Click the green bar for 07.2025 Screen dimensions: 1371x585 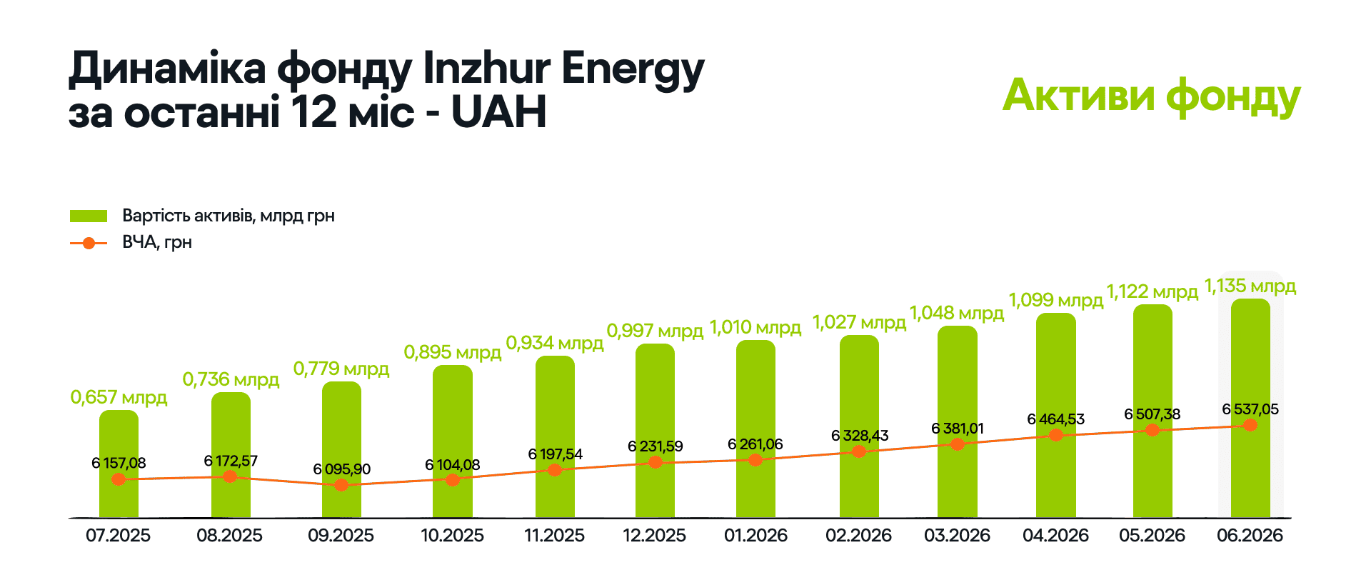pyautogui.click(x=119, y=464)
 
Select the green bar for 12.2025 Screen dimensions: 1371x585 pyautogui.click(x=655, y=431)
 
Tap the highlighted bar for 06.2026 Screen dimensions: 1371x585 pyautogui.click(x=1250, y=408)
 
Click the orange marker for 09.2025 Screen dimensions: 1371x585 pyautogui.click(x=341, y=485)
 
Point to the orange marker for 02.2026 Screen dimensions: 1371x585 pyautogui.click(x=859, y=451)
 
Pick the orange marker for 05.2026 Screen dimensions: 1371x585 pyautogui.click(x=1152, y=430)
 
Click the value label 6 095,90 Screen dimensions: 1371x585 pyautogui.click(x=342, y=469)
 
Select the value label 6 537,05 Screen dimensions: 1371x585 pyautogui.click(x=1250, y=409)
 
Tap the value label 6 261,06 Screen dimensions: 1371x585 pyautogui.click(x=755, y=444)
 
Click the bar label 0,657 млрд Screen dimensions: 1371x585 pyautogui.click(x=119, y=397)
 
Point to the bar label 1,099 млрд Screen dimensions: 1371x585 pyautogui.click(x=1056, y=300)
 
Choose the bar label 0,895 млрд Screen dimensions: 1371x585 pyautogui.click(x=453, y=352)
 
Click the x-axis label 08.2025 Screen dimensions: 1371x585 pyautogui.click(x=230, y=536)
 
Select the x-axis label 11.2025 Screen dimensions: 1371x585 pyautogui.click(x=555, y=536)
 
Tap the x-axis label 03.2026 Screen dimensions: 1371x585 pyautogui.click(x=958, y=536)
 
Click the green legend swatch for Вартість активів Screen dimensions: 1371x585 pyautogui.click(x=89, y=216)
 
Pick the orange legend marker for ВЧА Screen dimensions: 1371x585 pyautogui.click(x=89, y=244)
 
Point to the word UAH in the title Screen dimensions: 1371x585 pyautogui.click(x=499, y=112)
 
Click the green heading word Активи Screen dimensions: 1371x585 pyautogui.click(x=1079, y=96)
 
